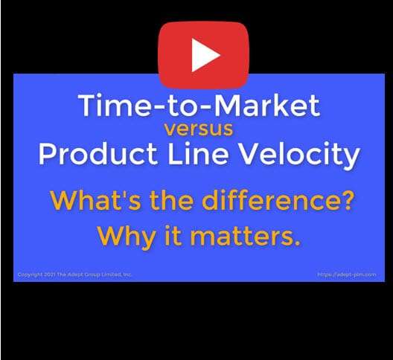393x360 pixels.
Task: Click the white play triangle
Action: click(x=203, y=55)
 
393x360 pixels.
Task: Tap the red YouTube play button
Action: click(x=203, y=55)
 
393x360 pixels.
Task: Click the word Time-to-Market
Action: click(x=199, y=105)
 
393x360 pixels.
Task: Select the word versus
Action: click(x=199, y=129)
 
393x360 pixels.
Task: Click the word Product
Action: click(x=98, y=153)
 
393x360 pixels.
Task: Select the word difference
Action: click(x=268, y=200)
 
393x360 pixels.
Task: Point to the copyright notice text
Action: click(x=74, y=274)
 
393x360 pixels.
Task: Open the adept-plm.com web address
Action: click(x=347, y=274)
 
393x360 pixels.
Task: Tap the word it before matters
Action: click(x=173, y=237)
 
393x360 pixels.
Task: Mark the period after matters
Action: click(x=297, y=243)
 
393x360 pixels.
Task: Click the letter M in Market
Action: click(x=229, y=105)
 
